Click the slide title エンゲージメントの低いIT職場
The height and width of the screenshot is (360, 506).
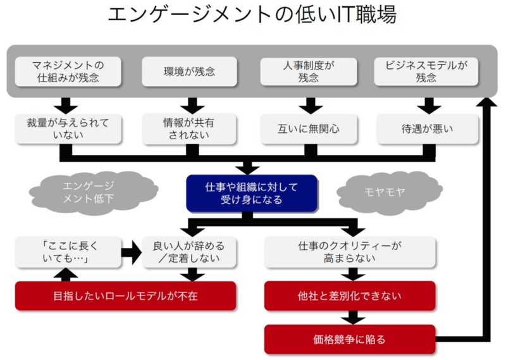pos(252,15)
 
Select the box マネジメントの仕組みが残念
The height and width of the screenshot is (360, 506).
pos(68,71)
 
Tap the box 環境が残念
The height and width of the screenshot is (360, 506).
pos(189,71)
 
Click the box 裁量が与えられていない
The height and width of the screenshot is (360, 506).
pos(68,128)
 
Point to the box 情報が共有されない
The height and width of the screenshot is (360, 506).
pos(189,128)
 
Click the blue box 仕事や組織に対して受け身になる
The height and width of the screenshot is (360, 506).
pos(251,193)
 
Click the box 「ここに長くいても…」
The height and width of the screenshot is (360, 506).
pos(68,252)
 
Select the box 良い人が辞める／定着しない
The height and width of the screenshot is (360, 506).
pos(188,252)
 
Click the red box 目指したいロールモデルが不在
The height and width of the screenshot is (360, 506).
pos(125,295)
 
